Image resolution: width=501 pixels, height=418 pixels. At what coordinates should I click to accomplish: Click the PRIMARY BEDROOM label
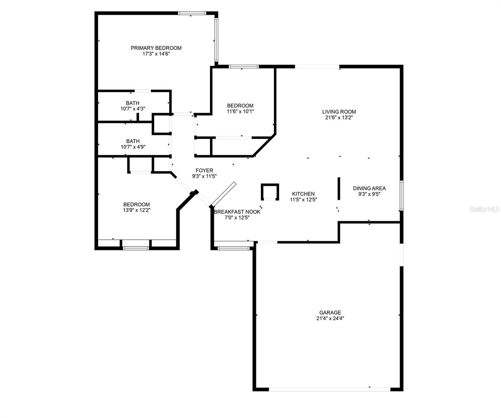(x=156, y=48)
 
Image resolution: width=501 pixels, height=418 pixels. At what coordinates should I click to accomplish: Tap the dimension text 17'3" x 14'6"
(x=156, y=54)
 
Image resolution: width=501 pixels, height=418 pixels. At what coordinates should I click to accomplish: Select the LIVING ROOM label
(x=339, y=112)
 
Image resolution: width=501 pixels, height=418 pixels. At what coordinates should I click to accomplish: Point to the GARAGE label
(x=330, y=312)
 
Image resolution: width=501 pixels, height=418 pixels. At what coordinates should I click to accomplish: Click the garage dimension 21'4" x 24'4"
(x=330, y=318)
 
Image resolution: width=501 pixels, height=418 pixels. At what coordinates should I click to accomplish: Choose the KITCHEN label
(x=303, y=194)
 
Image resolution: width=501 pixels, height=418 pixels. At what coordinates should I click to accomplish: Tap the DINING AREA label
(x=369, y=188)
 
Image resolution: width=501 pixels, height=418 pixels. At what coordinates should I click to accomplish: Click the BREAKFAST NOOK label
(x=237, y=212)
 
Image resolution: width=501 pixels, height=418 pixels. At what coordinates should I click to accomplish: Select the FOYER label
(x=204, y=170)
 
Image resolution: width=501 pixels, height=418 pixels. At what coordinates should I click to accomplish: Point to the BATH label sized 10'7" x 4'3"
(x=133, y=103)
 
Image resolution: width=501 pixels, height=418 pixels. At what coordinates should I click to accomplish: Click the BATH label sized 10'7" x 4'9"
(x=133, y=141)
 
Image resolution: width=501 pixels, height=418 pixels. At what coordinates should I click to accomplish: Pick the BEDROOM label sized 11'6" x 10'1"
(x=240, y=106)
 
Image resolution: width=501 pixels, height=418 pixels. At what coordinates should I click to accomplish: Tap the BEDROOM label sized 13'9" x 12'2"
(x=136, y=204)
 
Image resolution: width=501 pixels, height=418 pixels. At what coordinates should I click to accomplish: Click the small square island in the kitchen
(x=270, y=192)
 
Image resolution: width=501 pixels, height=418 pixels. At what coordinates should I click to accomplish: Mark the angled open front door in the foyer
(x=224, y=194)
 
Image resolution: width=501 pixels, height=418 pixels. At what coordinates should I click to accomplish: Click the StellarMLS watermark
(x=485, y=209)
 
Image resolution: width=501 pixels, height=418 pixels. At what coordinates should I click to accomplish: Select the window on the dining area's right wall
(x=401, y=195)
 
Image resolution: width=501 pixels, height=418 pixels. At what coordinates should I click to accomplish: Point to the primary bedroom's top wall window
(x=192, y=13)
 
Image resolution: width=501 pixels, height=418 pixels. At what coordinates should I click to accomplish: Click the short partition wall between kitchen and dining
(x=339, y=188)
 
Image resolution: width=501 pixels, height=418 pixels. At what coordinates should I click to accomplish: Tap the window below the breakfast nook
(x=233, y=248)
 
